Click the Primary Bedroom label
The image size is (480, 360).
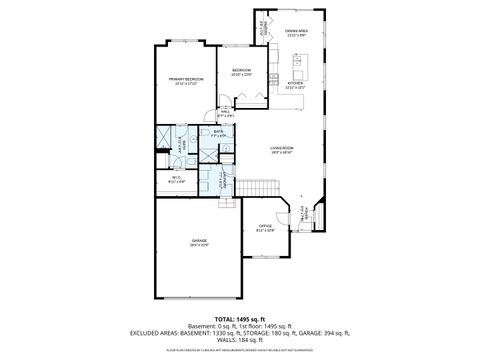186,80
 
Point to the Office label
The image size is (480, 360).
265,228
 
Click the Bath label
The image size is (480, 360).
218,131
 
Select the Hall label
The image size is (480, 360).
226,113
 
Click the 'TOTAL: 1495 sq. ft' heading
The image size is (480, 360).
240,318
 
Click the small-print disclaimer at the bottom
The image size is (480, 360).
240,351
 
